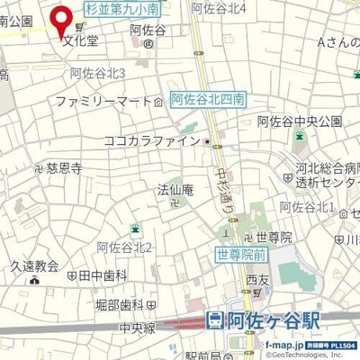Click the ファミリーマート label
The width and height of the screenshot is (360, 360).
[103, 103]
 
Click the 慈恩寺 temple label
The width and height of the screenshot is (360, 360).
[64, 167]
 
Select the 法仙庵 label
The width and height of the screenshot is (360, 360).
[175, 190]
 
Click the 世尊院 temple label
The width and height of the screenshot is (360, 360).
[274, 238]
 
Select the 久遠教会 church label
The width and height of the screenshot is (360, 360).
[35, 265]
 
